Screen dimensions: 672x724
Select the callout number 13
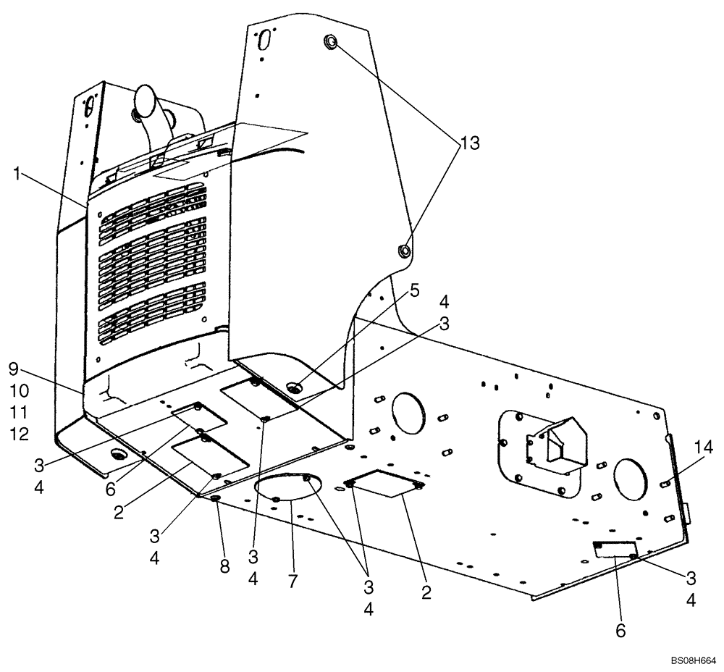[470, 143]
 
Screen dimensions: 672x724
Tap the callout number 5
[413, 290]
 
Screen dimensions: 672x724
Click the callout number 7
[292, 581]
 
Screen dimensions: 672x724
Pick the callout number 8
[224, 566]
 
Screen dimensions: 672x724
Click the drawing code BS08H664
[693, 660]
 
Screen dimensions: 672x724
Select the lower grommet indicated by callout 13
[403, 251]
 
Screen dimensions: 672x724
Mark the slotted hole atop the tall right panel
[265, 36]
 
